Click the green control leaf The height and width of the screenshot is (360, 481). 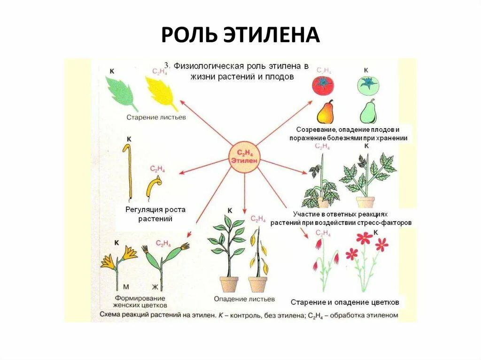(121, 92)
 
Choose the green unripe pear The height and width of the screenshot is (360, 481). (368, 112)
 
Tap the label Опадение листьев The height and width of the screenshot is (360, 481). (244, 299)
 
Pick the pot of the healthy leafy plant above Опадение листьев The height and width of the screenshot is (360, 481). (229, 284)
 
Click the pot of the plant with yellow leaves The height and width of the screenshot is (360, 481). (257, 284)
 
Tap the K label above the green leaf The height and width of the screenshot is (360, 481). (112, 71)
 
